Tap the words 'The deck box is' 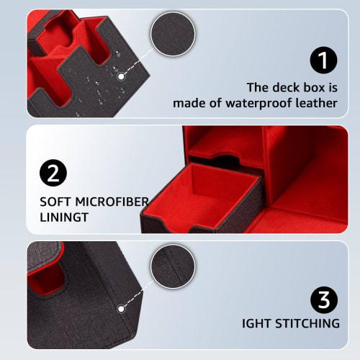pyautogui.click(x=292, y=87)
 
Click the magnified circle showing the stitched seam pyautogui.click(x=175, y=276)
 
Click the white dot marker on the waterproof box pyautogui.click(x=122, y=76)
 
